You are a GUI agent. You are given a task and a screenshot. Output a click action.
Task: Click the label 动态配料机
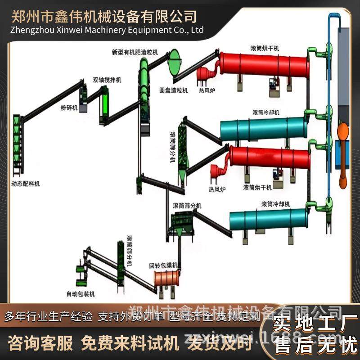26,184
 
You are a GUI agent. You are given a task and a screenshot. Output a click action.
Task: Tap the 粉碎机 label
69,108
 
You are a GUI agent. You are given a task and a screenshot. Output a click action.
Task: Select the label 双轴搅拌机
107,80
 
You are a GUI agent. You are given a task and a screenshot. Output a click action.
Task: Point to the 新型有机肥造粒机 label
135,52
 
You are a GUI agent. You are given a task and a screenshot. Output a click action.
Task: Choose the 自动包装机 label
81,294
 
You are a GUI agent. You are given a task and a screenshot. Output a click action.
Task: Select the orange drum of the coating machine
166,278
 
